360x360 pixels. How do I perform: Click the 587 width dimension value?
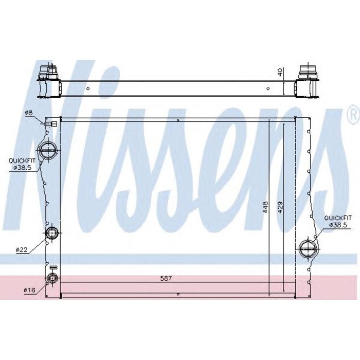[166, 278]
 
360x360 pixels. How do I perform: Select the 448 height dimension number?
[265, 207]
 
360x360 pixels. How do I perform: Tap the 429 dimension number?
[280, 207]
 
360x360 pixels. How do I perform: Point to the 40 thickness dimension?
[280, 72]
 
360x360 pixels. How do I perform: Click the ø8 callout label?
[29, 113]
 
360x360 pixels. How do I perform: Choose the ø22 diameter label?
[22, 250]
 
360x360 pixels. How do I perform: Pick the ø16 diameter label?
[29, 291]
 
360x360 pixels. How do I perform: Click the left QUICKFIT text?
[22, 160]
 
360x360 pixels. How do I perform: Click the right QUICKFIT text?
[338, 218]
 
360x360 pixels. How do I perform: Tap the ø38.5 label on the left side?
[22, 168]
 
